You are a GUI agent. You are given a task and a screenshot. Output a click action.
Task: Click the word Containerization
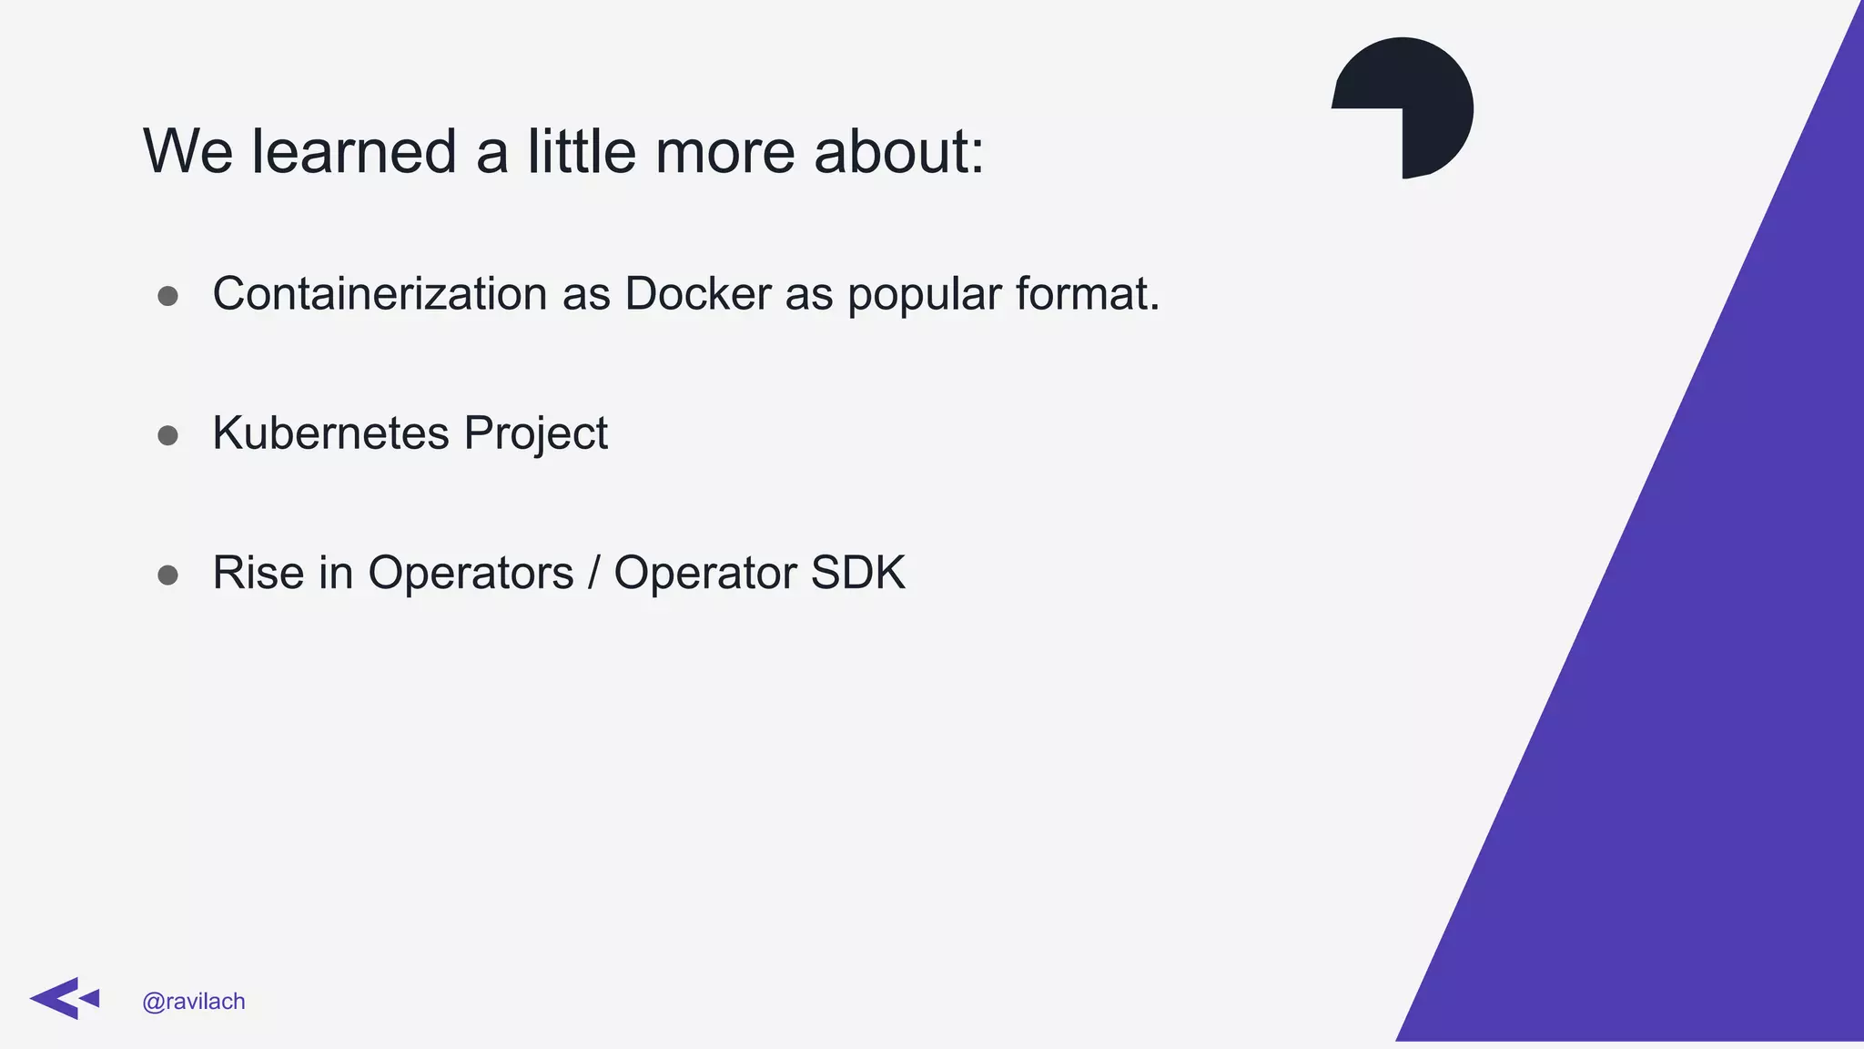pyautogui.click(x=380, y=294)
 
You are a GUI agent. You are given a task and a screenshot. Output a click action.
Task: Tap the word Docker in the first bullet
pyautogui.click(x=698, y=294)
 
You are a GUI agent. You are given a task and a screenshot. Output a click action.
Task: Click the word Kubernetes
pyautogui.click(x=330, y=433)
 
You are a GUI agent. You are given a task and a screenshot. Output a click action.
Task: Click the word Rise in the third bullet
pyautogui.click(x=258, y=573)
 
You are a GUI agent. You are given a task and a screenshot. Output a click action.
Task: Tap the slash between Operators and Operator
pyautogui.click(x=594, y=573)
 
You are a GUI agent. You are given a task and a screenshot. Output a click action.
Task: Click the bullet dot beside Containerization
pyautogui.click(x=167, y=296)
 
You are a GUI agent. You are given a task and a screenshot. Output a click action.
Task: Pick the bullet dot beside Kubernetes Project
pyautogui.click(x=167, y=435)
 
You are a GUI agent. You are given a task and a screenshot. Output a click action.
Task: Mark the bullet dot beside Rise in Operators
pyautogui.click(x=167, y=575)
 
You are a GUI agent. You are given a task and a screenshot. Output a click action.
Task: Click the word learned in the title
pyautogui.click(x=354, y=151)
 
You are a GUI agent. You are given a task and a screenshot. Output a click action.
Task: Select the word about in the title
pyautogui.click(x=897, y=151)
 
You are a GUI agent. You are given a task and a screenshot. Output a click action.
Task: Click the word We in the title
pyautogui.click(x=188, y=151)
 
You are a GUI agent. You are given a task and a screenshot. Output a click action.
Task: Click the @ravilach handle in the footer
pyautogui.click(x=194, y=1002)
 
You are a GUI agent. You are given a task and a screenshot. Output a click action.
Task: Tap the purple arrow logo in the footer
pyautogui.click(x=63, y=999)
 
